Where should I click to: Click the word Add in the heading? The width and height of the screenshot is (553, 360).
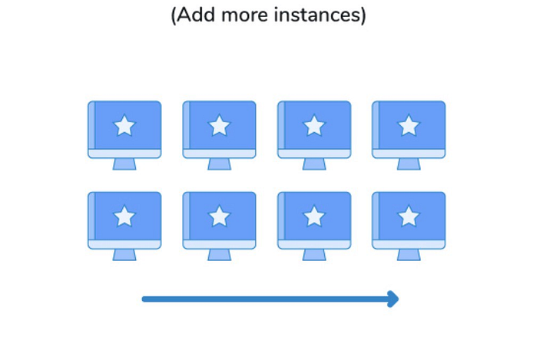pyautogui.click(x=195, y=15)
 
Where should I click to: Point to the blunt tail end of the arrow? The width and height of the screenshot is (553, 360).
pyautogui.click(x=144, y=299)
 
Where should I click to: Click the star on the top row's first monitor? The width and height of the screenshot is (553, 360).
pyautogui.click(x=124, y=126)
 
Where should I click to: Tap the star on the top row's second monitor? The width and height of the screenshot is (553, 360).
pyautogui.click(x=220, y=126)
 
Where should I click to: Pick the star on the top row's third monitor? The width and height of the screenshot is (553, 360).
pyautogui.click(x=314, y=126)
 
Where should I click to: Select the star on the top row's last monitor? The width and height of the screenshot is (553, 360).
pyautogui.click(x=409, y=126)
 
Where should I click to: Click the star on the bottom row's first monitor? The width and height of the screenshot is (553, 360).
pyautogui.click(x=124, y=216)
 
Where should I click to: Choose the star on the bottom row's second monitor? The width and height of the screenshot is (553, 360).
pyautogui.click(x=220, y=216)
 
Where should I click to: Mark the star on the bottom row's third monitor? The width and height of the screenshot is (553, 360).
pyautogui.click(x=314, y=216)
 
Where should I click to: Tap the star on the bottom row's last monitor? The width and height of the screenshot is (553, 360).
pyautogui.click(x=409, y=216)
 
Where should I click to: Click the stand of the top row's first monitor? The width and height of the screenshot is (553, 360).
pyautogui.click(x=124, y=164)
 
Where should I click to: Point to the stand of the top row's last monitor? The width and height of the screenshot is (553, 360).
pyautogui.click(x=409, y=164)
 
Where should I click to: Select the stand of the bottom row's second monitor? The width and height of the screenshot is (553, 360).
pyautogui.click(x=220, y=255)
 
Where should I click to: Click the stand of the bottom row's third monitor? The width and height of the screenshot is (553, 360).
pyautogui.click(x=314, y=255)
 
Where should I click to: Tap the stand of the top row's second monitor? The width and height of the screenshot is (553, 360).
pyautogui.click(x=220, y=164)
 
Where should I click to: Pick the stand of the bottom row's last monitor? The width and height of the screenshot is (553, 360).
pyautogui.click(x=409, y=255)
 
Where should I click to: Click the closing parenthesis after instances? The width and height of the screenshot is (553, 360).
pyautogui.click(x=363, y=15)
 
